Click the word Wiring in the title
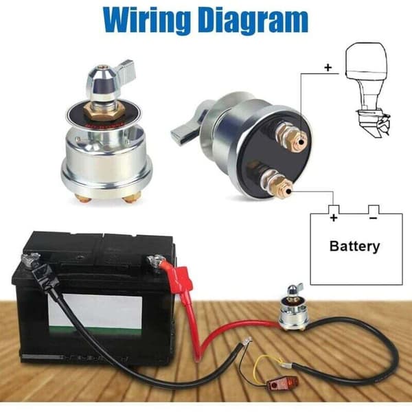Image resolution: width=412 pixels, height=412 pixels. (x=146, y=21)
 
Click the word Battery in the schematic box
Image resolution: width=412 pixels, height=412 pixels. (x=354, y=247)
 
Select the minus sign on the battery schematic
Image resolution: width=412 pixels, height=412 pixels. (x=374, y=218)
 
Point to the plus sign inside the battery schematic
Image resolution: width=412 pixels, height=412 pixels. (x=334, y=218)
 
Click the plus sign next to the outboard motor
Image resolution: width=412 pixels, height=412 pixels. (x=328, y=67)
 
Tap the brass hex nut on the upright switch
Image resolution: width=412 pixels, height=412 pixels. (x=104, y=112)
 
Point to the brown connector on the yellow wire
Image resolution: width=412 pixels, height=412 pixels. (x=282, y=383)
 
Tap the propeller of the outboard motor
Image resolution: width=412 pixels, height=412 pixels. (x=384, y=124)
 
